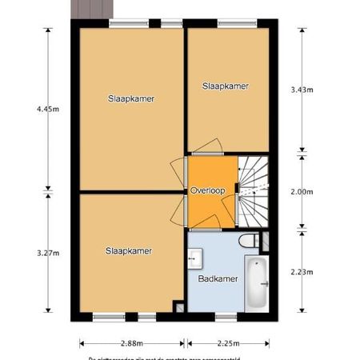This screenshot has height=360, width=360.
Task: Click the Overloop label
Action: pos(207,190)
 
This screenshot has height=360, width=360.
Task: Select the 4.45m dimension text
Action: pos(48,110)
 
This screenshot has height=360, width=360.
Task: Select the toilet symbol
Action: pos(250,240)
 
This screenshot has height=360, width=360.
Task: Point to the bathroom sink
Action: pos(194,258)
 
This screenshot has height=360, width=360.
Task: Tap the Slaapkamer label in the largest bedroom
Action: pos(131,99)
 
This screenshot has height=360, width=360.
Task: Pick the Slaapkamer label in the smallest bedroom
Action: pos(225,86)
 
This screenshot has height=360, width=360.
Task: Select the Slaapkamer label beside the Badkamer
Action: pos(128,250)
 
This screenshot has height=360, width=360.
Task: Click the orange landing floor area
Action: pos(210,208)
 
